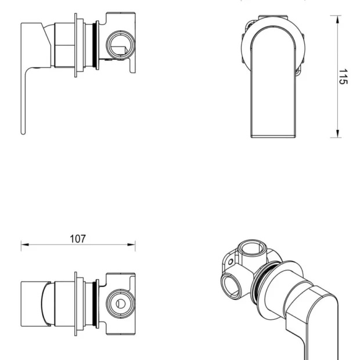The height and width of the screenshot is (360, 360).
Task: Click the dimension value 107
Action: tap(78, 239)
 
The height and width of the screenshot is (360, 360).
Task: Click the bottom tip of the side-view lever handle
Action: tap(23, 132)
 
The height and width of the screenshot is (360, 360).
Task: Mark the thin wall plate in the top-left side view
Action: tap(75, 45)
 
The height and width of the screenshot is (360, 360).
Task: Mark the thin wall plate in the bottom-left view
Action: tap(75, 303)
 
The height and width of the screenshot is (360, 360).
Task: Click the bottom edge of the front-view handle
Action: tap(273, 137)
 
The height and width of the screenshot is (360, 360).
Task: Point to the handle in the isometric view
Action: tap(314, 314)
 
